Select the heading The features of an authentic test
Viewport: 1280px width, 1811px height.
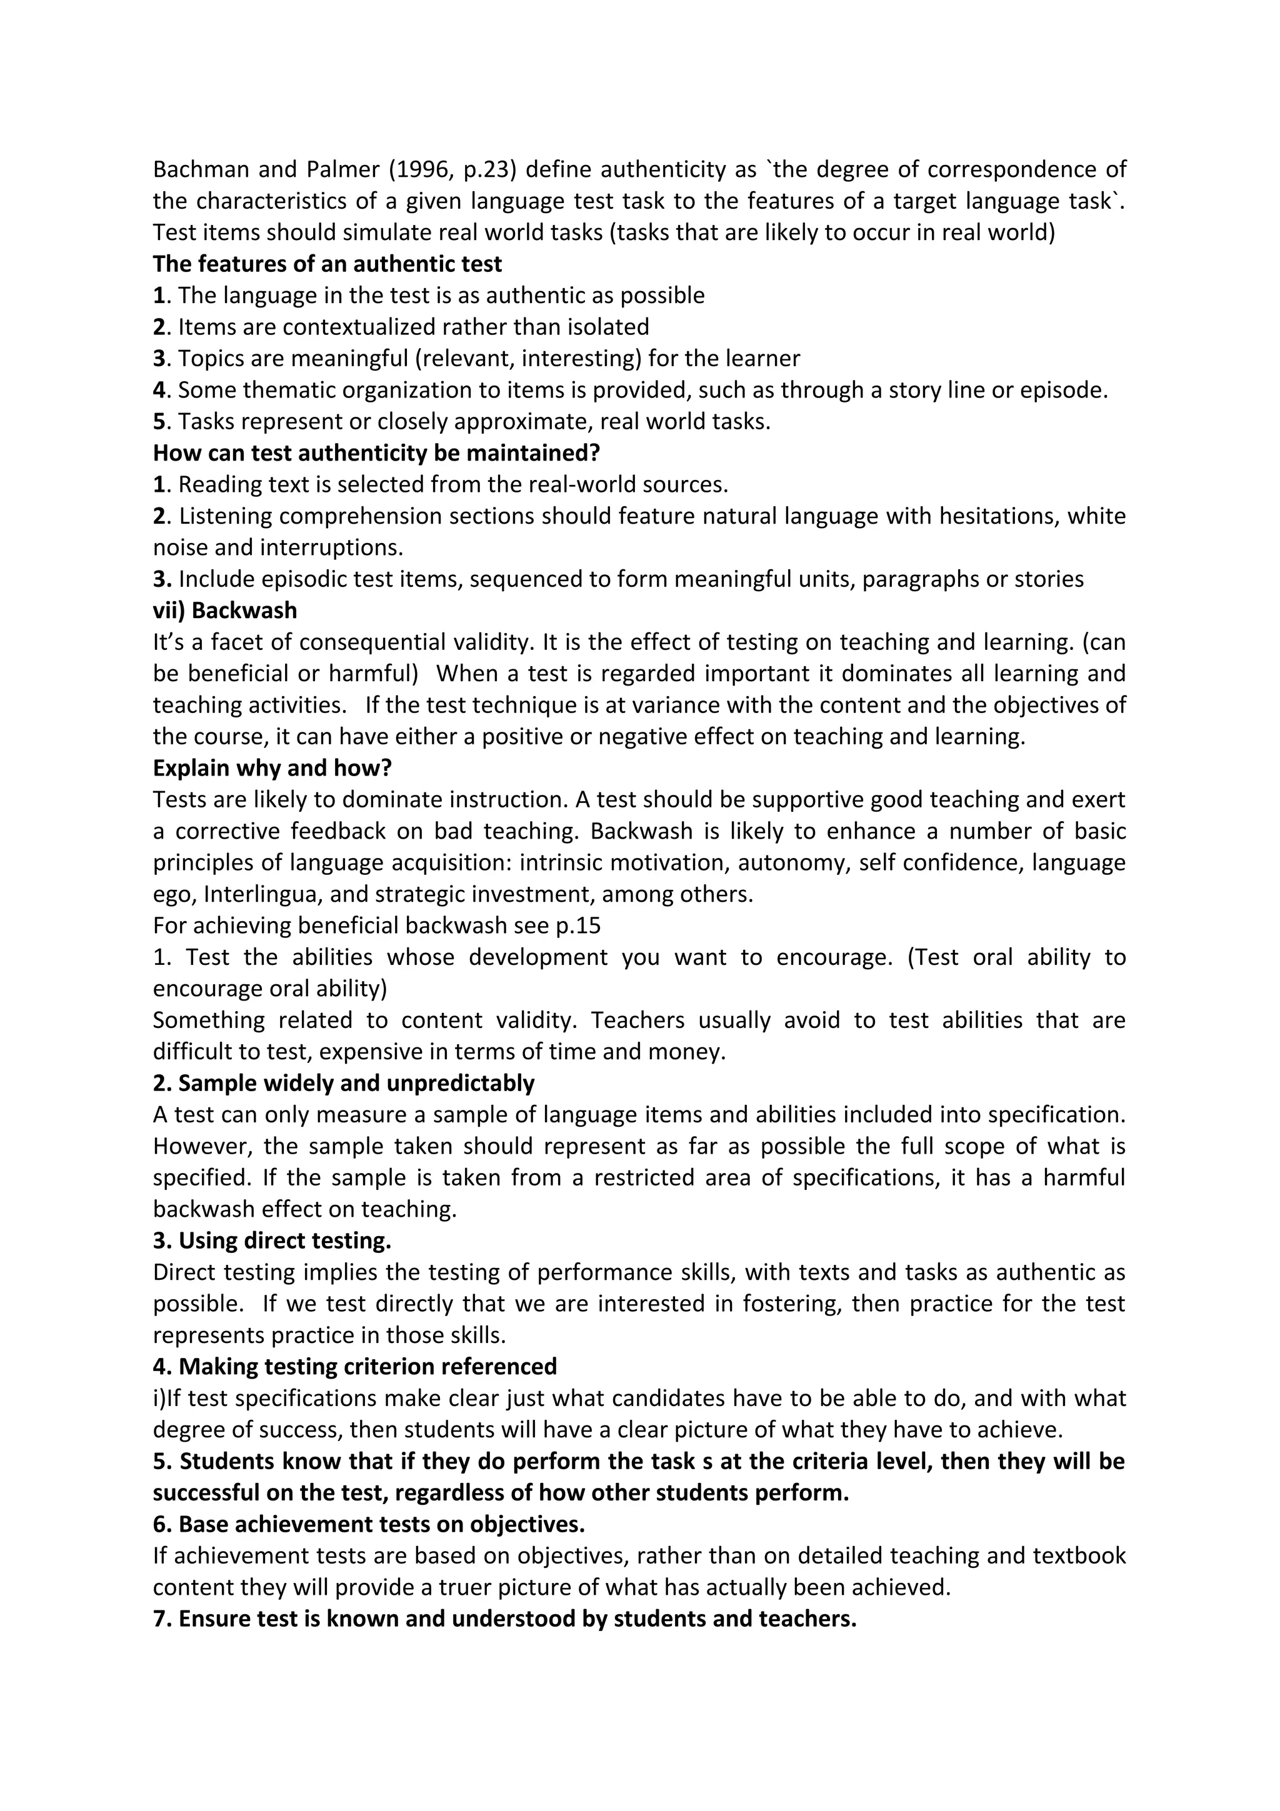pos(327,264)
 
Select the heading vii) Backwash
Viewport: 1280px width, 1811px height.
pos(225,611)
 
